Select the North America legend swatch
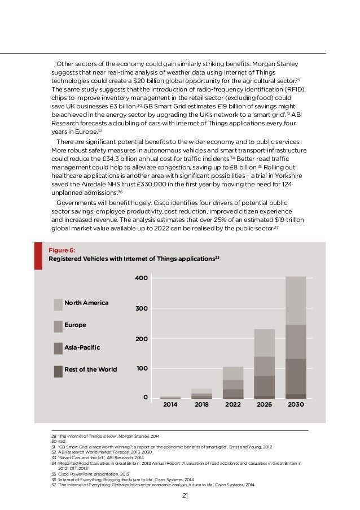(58, 304)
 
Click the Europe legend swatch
(58, 326)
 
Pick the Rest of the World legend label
(91, 369)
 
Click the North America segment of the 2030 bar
(296, 300)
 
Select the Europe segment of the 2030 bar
(296, 342)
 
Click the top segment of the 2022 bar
(232, 373)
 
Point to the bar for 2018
(201, 394)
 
